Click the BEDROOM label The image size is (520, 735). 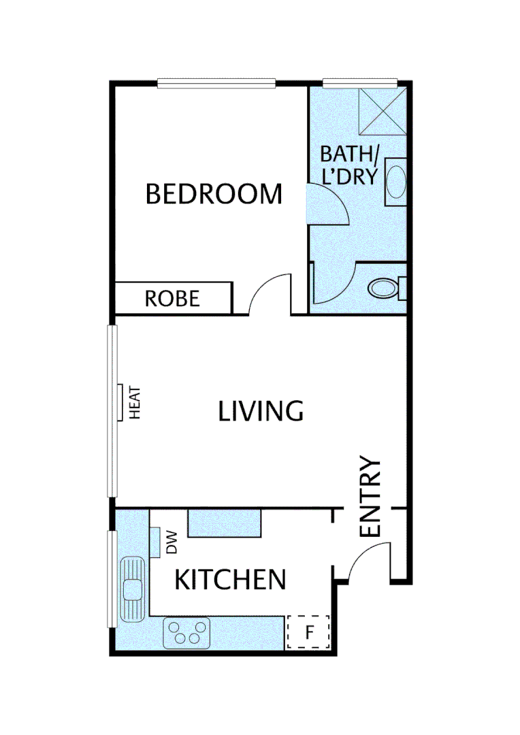[x=214, y=195]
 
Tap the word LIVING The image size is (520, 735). [x=260, y=412]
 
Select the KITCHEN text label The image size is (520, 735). [x=230, y=580]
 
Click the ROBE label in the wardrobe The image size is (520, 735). [x=172, y=299]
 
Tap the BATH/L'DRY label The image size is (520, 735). [x=348, y=165]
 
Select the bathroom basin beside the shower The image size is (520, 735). [x=396, y=182]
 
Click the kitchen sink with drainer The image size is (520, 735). [x=132, y=589]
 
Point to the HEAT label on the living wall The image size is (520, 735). [x=134, y=402]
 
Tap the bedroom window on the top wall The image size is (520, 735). [x=216, y=84]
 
